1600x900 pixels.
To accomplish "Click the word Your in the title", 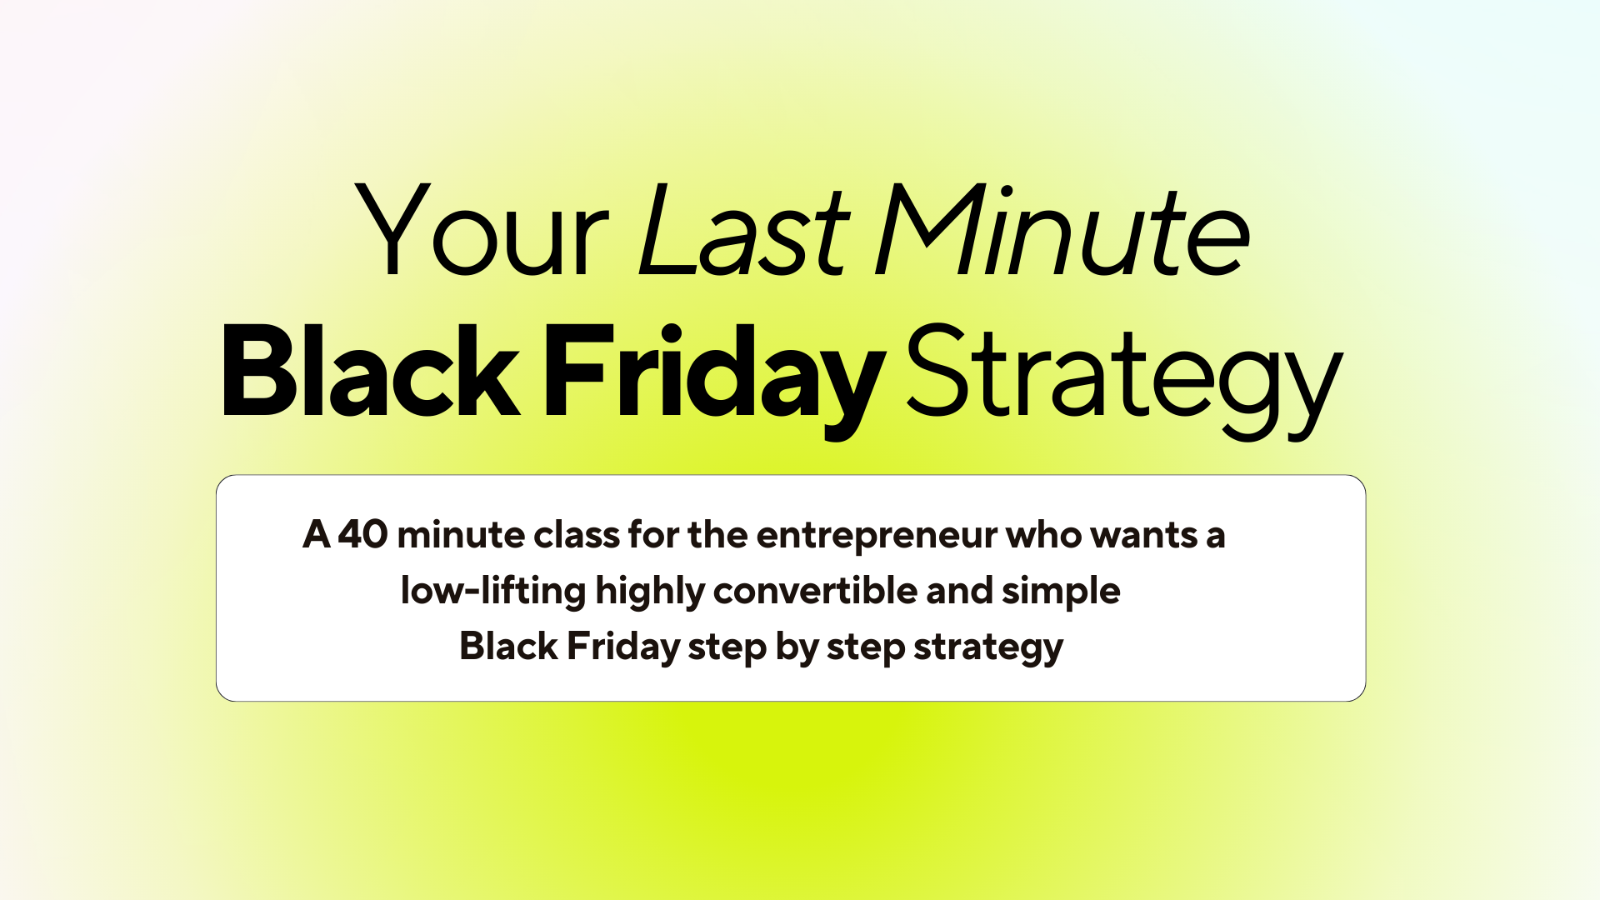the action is tap(482, 229).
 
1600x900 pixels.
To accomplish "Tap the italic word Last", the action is tap(743, 229).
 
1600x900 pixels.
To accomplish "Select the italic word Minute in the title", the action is tap(1062, 229).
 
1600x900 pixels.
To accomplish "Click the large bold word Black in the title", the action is tap(371, 370).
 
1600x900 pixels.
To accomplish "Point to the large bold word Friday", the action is tap(715, 380).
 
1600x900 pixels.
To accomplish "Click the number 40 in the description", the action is tap(362, 534).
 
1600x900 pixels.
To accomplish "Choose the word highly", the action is tap(650, 592).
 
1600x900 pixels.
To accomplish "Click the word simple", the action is tap(1061, 592).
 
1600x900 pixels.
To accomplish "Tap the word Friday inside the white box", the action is tap(624, 647).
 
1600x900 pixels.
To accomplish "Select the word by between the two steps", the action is tap(797, 648).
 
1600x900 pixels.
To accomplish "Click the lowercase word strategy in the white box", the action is tap(988, 648).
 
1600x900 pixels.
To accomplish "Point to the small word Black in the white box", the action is tap(508, 646).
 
